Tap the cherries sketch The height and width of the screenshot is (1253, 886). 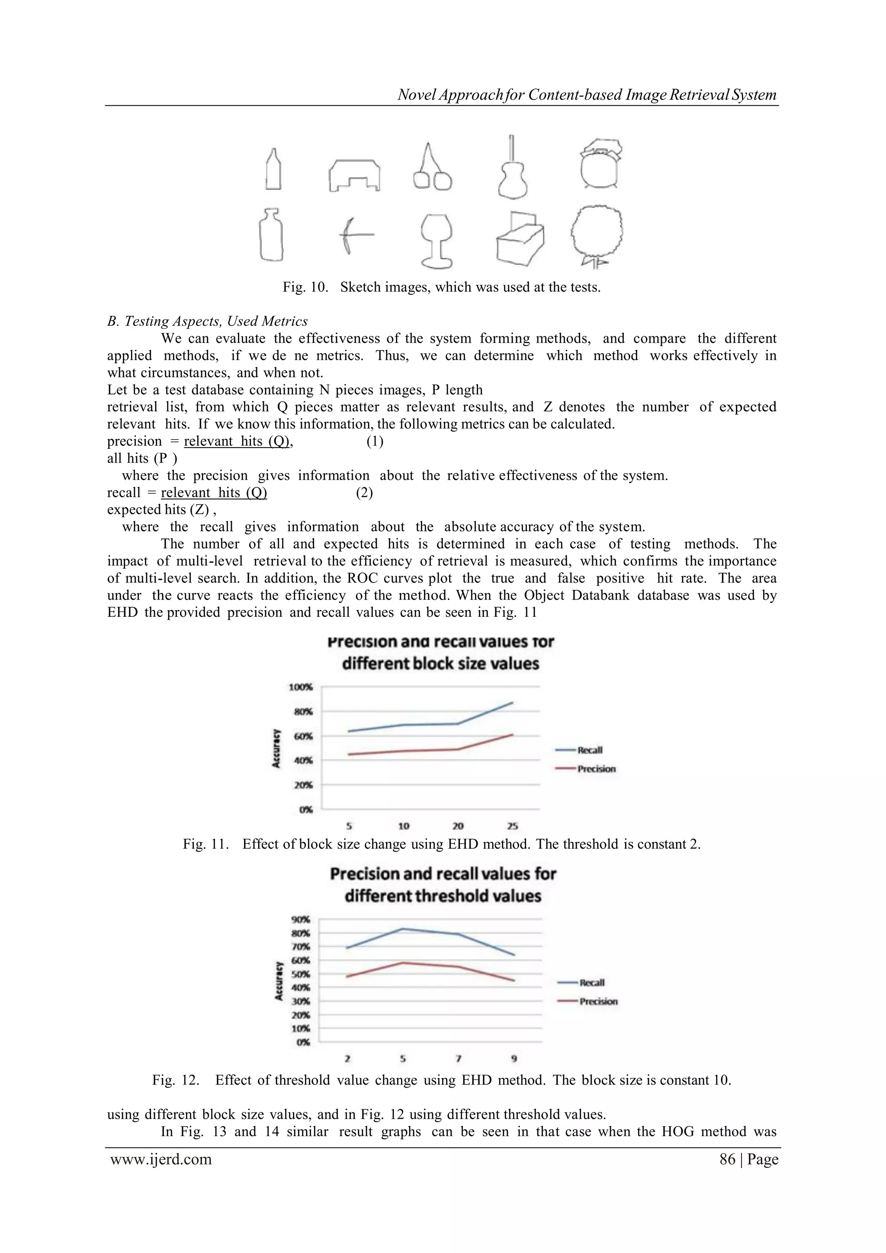point(432,170)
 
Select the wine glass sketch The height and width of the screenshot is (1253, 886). point(437,241)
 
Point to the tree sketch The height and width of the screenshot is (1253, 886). point(597,237)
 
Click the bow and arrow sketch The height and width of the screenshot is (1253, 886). point(355,235)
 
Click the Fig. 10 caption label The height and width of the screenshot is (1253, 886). point(305,287)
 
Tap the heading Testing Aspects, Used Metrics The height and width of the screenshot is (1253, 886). point(207,322)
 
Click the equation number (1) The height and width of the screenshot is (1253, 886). point(375,441)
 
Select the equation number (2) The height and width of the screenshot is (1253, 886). point(364,493)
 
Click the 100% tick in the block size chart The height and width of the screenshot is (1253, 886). point(300,687)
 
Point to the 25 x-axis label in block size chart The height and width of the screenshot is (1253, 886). point(512,826)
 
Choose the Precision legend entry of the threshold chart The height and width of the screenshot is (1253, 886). point(598,1002)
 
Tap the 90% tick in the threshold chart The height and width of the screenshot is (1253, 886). point(301,920)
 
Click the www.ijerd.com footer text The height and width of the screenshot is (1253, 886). point(161,1160)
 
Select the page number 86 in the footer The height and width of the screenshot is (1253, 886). point(727,1160)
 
